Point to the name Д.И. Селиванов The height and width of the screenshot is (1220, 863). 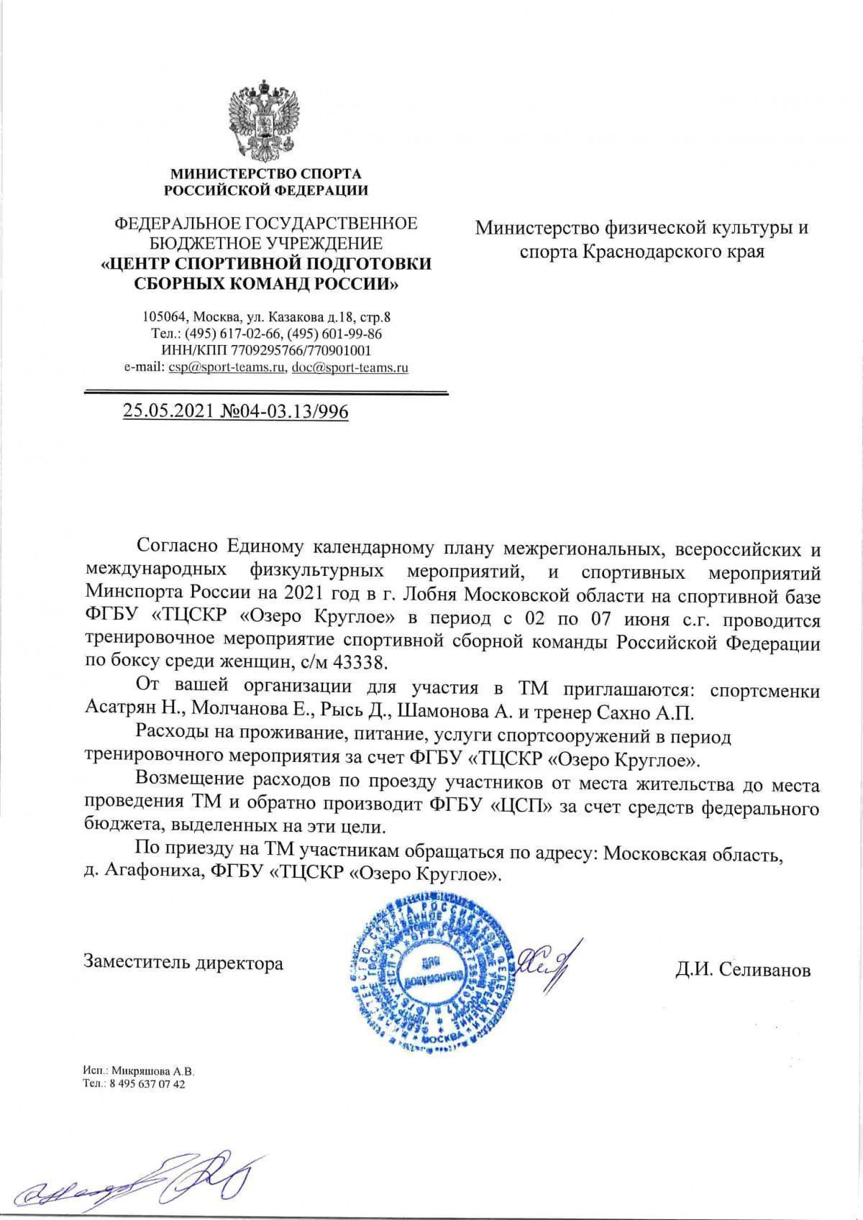743,970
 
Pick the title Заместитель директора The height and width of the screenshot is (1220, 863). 183,963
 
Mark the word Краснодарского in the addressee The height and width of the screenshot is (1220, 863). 647,253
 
